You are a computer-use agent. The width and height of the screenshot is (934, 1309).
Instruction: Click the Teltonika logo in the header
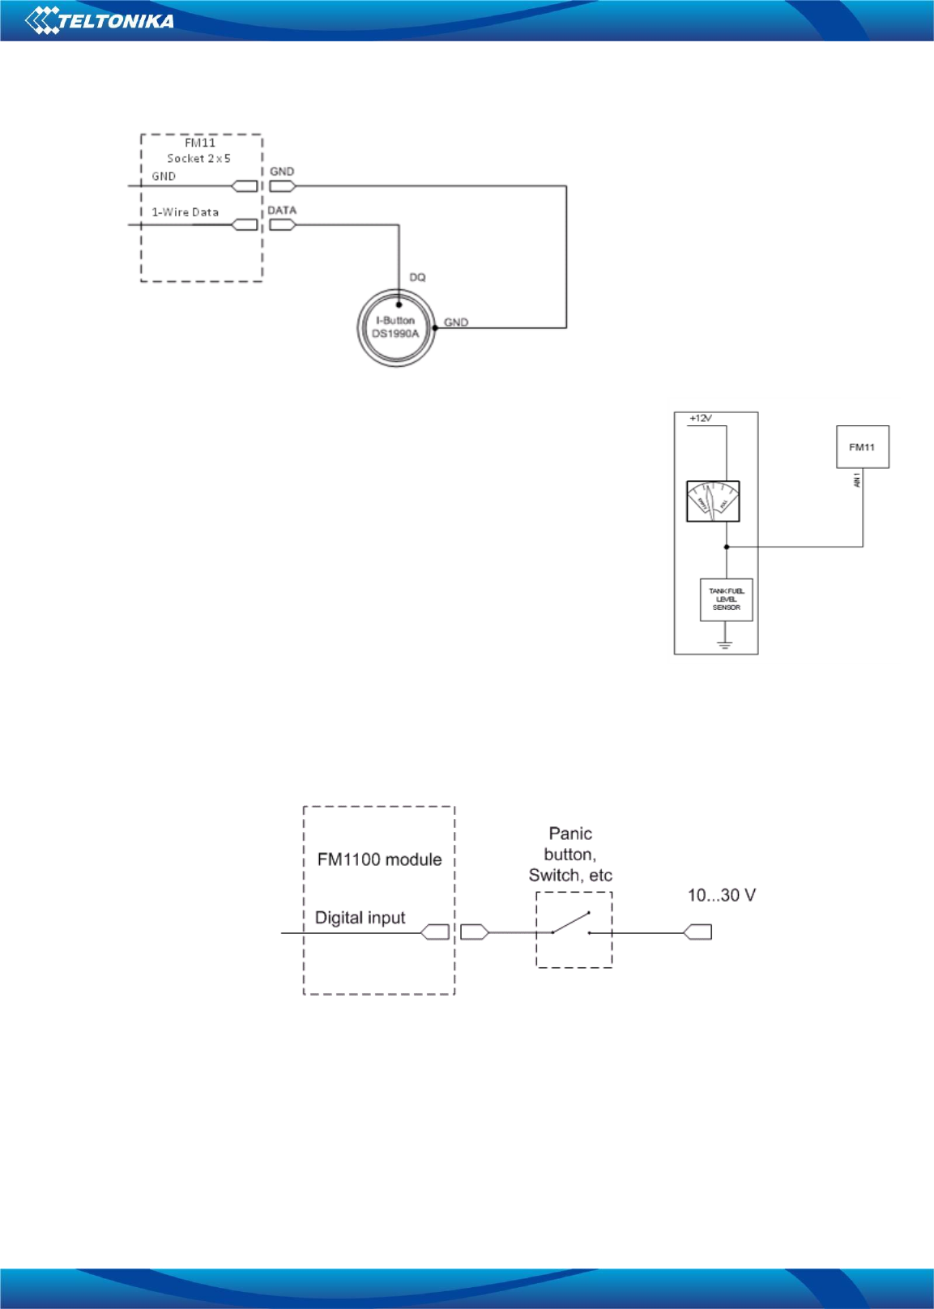[100, 19]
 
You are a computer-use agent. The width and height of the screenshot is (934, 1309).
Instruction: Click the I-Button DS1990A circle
[395, 327]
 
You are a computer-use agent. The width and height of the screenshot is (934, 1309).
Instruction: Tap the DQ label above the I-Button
[417, 278]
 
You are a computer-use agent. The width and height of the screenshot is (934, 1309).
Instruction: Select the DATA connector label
[282, 211]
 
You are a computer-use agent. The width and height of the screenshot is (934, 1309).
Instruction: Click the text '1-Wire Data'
[185, 212]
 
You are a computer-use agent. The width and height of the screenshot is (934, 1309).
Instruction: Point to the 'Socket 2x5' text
[198, 159]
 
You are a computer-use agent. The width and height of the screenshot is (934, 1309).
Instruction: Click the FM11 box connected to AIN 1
[862, 447]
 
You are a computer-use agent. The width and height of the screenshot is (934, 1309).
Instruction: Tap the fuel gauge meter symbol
[713, 501]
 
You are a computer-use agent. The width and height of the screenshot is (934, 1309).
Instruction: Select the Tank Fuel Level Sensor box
[726, 599]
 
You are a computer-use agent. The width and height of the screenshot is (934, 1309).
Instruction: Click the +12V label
[700, 419]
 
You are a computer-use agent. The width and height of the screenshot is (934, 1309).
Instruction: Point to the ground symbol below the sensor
[725, 645]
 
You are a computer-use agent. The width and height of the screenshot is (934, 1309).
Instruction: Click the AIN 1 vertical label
[856, 480]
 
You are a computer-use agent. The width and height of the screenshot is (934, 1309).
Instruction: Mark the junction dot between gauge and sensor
[727, 547]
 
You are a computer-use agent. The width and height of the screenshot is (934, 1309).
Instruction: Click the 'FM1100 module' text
[379, 859]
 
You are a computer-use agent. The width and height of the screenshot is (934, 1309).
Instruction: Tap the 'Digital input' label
[360, 918]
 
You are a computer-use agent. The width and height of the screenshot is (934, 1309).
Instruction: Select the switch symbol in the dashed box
[571, 924]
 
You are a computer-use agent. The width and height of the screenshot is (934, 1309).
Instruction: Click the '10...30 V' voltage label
[721, 895]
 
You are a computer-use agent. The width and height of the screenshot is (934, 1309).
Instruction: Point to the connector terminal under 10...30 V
[697, 932]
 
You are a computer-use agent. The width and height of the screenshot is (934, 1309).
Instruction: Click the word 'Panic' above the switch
[570, 834]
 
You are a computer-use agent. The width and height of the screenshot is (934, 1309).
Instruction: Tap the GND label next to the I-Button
[456, 322]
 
